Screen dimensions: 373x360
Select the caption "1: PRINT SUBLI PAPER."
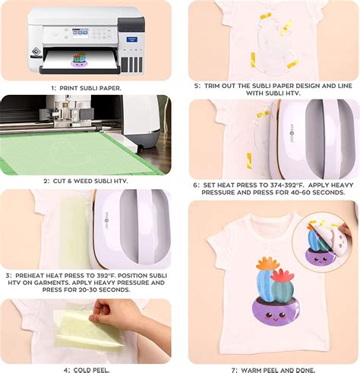pos(85,88)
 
